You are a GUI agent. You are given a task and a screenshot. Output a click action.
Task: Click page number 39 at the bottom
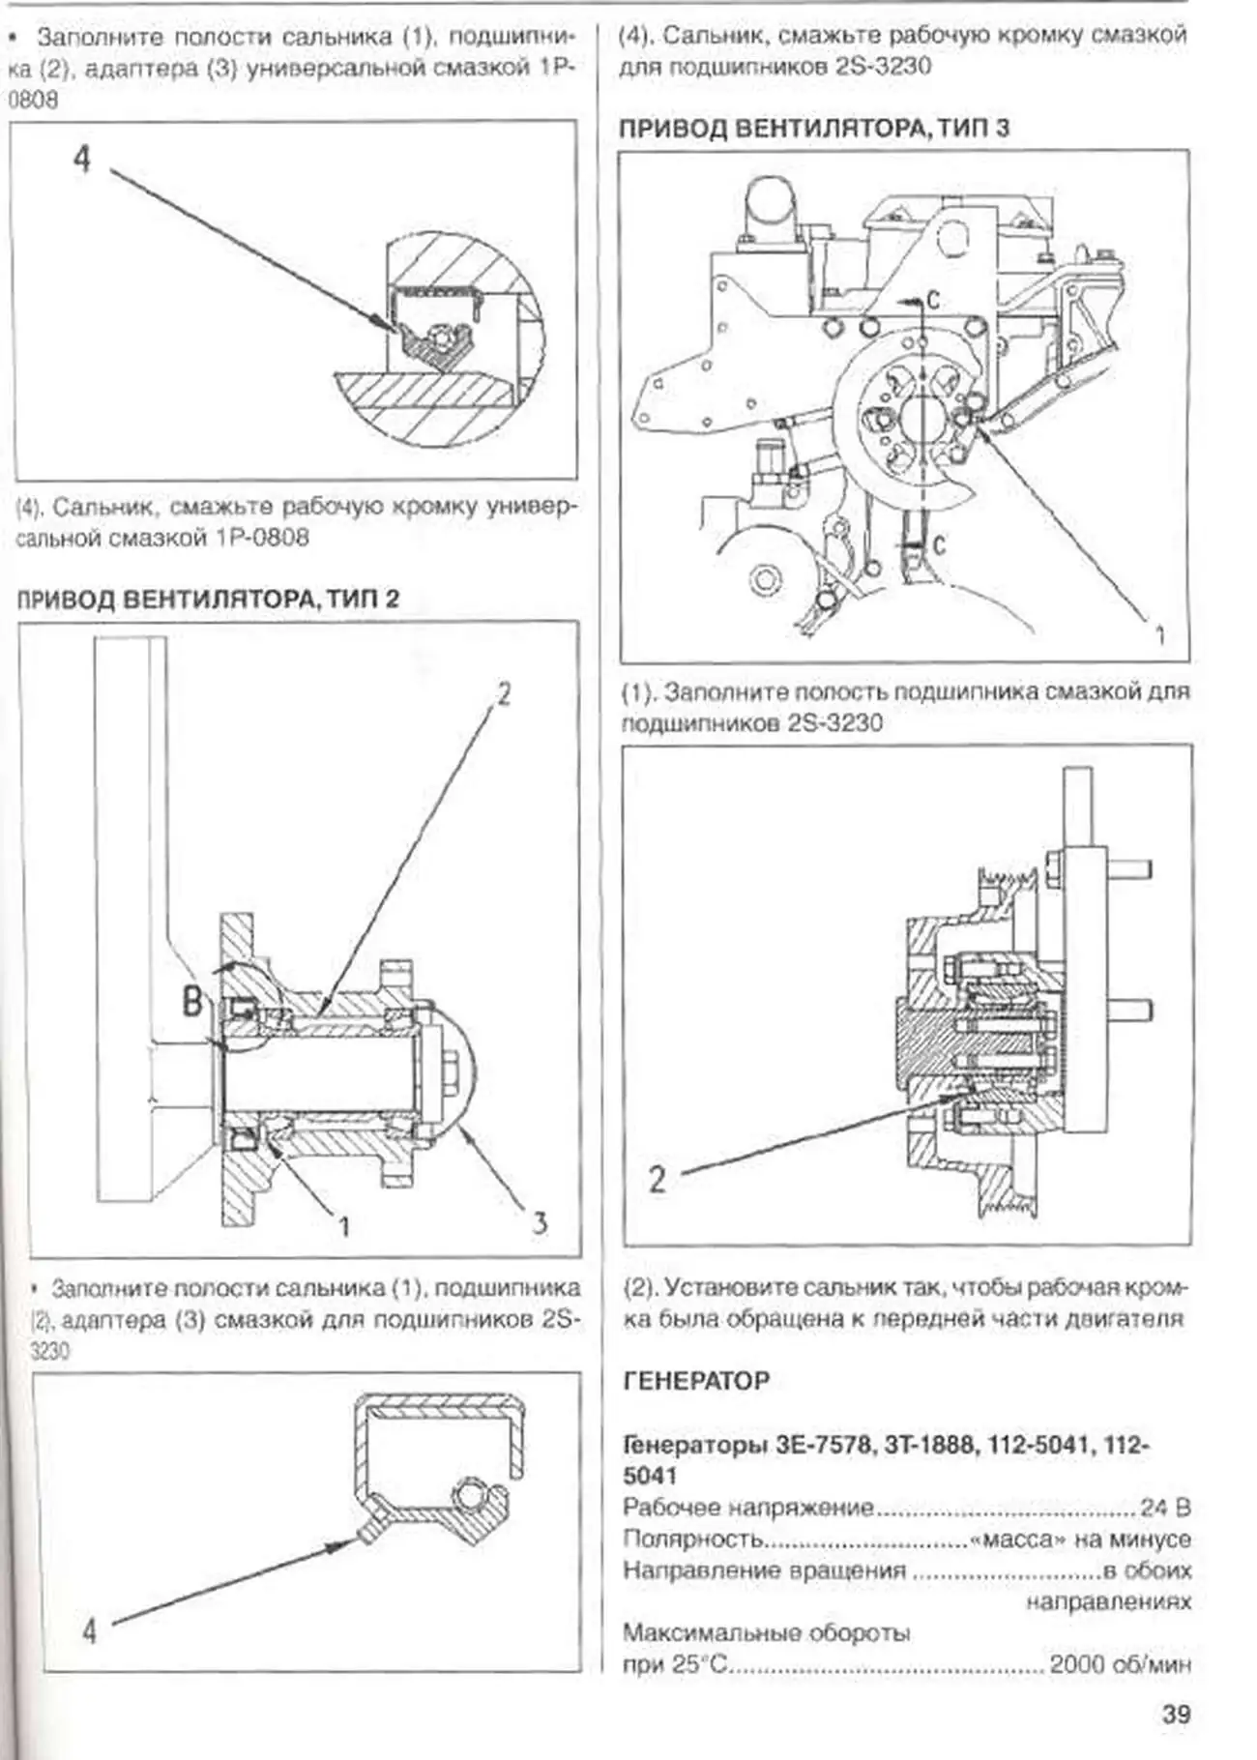(x=1176, y=1715)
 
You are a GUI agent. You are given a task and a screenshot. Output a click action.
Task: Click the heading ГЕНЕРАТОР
(x=696, y=1381)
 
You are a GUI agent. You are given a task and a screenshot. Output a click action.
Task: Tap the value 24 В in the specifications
(x=1165, y=1507)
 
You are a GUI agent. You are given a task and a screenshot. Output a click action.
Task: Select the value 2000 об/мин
(x=1120, y=1664)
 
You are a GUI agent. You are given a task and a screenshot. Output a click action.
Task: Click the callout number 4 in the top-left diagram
(x=82, y=158)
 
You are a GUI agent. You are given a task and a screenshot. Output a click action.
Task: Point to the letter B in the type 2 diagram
(x=193, y=1000)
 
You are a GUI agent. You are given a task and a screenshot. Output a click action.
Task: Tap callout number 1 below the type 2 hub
(x=343, y=1226)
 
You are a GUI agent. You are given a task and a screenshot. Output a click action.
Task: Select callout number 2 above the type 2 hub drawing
(x=504, y=692)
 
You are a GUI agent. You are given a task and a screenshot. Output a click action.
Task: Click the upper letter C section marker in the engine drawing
(x=932, y=301)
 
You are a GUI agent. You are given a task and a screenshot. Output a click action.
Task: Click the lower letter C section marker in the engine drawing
(x=937, y=545)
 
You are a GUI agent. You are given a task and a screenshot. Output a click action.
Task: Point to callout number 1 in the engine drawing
(x=1159, y=635)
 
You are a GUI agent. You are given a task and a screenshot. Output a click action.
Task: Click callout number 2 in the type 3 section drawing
(x=658, y=1178)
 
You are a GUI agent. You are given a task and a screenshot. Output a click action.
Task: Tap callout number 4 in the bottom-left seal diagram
(x=89, y=1630)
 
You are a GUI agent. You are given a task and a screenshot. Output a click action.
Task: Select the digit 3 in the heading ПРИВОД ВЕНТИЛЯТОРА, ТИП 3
(x=1002, y=128)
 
